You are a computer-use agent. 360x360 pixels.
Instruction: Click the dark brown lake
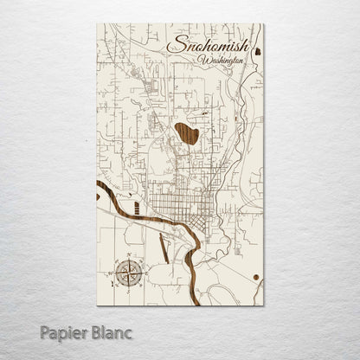[x=186, y=133]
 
